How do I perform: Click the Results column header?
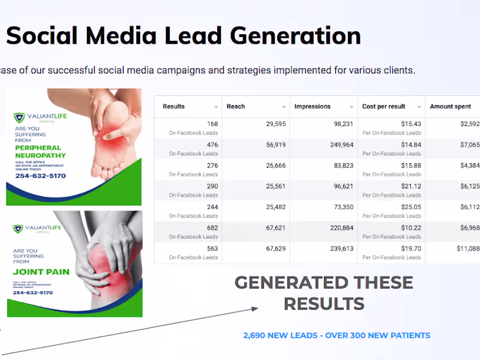tap(174, 106)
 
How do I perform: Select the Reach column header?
tap(236, 106)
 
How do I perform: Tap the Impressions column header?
tap(312, 106)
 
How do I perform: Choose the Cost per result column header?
tap(383, 106)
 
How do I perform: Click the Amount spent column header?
tap(450, 106)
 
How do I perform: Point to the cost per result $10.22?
tap(409, 227)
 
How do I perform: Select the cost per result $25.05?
tap(409, 207)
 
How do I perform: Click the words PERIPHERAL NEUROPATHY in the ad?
tap(41, 151)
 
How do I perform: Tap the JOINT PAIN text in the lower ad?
tap(41, 272)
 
